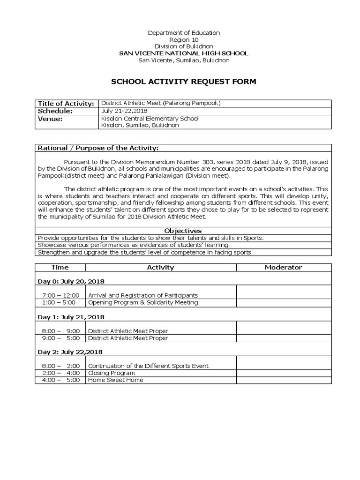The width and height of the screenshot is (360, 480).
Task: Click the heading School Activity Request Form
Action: point(183,82)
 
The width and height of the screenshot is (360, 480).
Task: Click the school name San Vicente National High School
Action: point(183,53)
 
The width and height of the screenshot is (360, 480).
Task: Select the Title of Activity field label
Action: point(65,104)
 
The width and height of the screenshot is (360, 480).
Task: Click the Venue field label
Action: point(50,119)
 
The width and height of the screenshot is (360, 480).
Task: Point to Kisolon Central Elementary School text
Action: point(150,119)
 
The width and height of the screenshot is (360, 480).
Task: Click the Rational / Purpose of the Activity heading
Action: point(98,148)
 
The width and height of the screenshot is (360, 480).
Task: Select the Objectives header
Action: point(183,231)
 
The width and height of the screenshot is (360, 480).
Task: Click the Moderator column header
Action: point(284,267)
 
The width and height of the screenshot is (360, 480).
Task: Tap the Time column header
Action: point(60,267)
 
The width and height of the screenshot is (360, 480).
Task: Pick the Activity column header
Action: point(160,267)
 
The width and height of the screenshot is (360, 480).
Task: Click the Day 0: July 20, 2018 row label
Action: point(71,281)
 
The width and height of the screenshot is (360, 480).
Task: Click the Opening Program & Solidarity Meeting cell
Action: point(143,302)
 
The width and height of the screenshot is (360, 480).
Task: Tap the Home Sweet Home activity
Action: point(116,380)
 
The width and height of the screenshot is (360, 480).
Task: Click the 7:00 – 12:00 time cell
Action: point(60,295)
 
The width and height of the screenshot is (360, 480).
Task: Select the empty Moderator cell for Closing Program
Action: point(284,373)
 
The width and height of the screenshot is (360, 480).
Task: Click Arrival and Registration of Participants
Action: point(143,295)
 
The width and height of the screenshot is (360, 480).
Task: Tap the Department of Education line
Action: point(183,33)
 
